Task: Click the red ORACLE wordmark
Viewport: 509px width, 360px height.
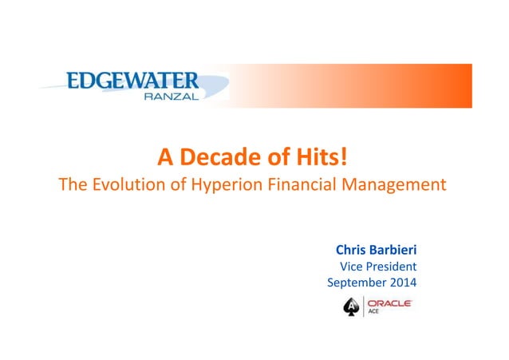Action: [x=389, y=303]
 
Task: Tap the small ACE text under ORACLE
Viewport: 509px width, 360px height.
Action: [x=373, y=312]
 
